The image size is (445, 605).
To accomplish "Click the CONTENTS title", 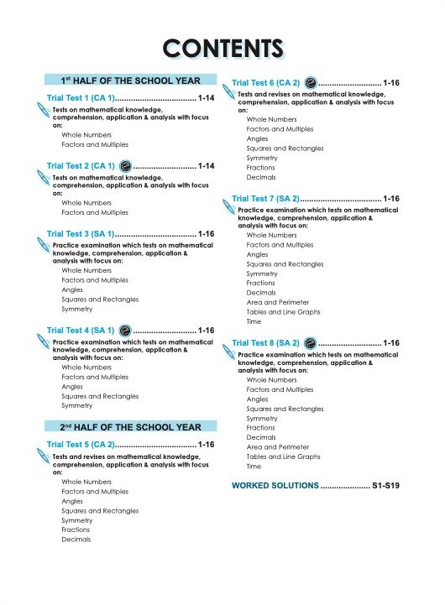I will click(222, 47).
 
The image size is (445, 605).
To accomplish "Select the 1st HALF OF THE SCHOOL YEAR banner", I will click(130, 81).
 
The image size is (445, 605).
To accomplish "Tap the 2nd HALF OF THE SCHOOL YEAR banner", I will click(130, 427).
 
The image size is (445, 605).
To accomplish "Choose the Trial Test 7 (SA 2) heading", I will click(265, 199).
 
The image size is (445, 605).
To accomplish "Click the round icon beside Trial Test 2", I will click(124, 166).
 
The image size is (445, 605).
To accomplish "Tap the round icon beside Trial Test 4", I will click(124, 330).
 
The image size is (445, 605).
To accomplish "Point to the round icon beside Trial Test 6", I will click(310, 83).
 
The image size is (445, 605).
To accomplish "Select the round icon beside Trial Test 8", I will click(310, 343).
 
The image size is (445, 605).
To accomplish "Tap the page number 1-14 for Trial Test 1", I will click(207, 99).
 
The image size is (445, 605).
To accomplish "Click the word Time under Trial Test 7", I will click(254, 321).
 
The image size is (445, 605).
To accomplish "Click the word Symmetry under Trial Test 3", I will click(76, 309).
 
